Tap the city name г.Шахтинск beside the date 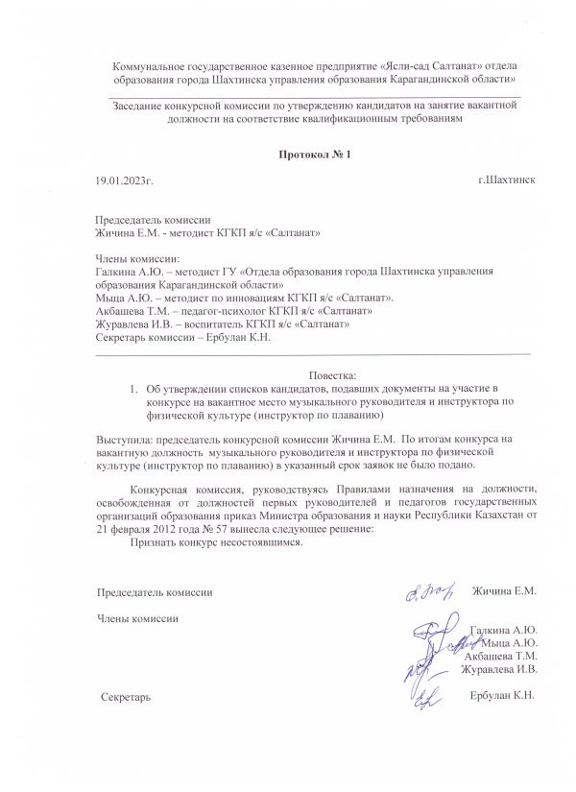point(506,180)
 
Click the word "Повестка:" point(333,374)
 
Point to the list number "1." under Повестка point(134,389)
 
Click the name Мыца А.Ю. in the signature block point(510,642)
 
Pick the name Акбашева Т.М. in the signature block point(500,656)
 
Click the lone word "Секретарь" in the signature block point(126,695)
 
